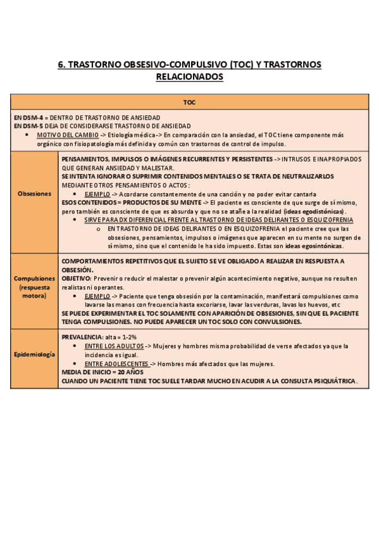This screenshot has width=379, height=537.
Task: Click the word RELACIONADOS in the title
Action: pos(189,77)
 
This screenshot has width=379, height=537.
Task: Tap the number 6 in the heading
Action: pos(60,65)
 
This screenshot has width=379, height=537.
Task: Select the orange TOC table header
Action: pos(189,102)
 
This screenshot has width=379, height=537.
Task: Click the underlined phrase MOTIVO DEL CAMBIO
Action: pos(67,135)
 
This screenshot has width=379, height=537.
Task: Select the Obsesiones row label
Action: pos(35,193)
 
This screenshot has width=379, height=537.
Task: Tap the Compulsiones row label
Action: pos(35,279)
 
